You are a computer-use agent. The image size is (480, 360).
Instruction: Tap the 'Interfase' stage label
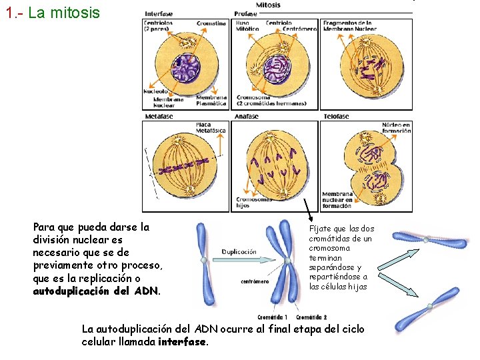tap(159, 13)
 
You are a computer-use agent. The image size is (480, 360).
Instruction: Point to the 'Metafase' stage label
tap(158, 116)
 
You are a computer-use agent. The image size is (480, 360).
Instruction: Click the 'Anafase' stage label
tap(246, 116)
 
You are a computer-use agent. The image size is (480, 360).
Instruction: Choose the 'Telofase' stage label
tap(336, 116)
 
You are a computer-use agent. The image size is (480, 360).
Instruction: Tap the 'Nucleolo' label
tap(156, 91)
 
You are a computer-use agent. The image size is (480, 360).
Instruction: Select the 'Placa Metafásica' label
tap(210, 127)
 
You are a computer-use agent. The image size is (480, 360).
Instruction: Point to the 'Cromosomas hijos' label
tap(254, 202)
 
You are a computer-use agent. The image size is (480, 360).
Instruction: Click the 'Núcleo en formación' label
tap(396, 127)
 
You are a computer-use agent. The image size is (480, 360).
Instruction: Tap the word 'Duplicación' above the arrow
tap(239, 252)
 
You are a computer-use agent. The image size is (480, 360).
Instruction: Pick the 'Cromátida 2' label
tap(311, 317)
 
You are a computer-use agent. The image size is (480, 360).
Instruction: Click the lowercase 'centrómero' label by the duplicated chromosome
tap(255, 281)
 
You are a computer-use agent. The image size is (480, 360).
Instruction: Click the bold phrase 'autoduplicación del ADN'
tap(97, 291)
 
